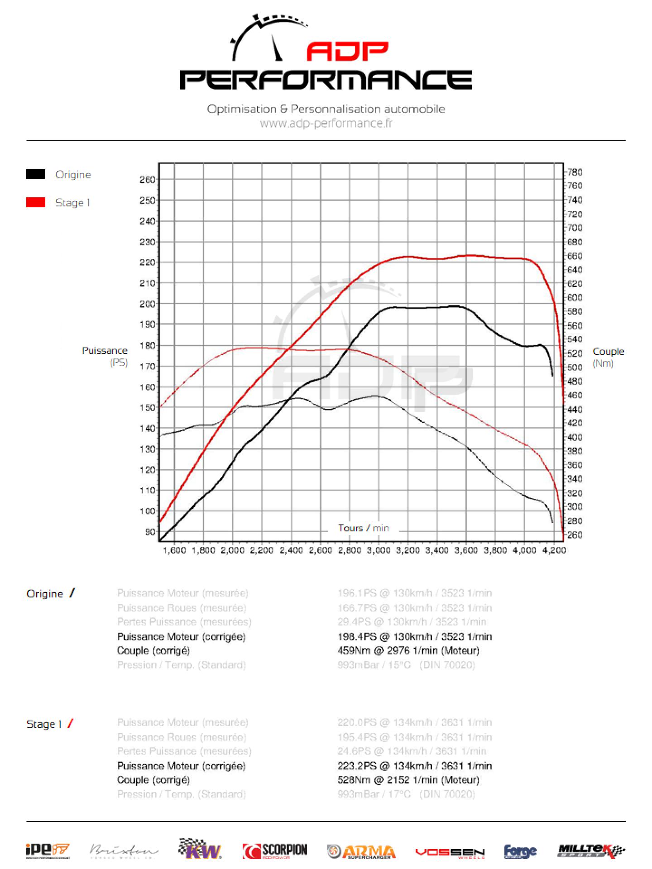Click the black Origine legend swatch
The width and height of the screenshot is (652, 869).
[36, 174]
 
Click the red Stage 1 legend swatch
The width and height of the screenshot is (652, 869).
[36, 202]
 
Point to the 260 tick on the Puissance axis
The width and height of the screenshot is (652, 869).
[148, 180]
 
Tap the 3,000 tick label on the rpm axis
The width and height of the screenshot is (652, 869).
[379, 550]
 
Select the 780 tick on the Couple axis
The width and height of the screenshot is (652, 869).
[575, 172]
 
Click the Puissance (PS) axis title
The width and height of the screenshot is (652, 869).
[105, 356]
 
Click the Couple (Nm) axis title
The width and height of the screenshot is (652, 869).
[608, 357]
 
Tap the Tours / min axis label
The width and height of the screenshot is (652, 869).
[363, 528]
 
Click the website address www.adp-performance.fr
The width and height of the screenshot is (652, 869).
[326, 123]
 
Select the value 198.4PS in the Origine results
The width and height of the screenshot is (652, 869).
[357, 636]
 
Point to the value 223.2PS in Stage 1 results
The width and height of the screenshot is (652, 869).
[357, 766]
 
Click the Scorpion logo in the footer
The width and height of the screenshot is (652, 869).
[275, 851]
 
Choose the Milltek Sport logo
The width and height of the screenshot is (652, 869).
[590, 851]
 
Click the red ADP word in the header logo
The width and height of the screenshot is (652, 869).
[347, 52]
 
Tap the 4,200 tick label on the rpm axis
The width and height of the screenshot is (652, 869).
[554, 550]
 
